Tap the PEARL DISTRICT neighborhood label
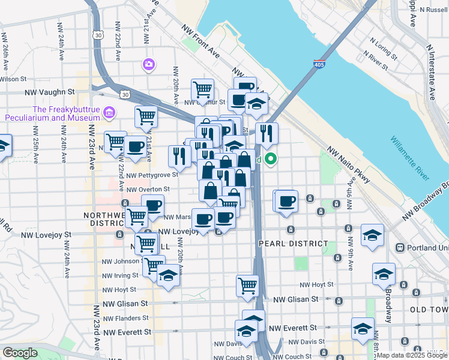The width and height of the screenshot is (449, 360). click(294, 244)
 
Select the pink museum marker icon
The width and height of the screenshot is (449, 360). click(109, 112)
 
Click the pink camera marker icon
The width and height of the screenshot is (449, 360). click(148, 64)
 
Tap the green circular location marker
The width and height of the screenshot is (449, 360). click(271, 159)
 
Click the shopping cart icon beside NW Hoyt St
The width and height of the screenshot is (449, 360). click(247, 286)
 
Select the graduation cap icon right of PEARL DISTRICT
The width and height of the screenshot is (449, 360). click(372, 236)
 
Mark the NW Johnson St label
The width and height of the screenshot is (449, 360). click(122, 261)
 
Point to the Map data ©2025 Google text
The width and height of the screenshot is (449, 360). click(411, 355)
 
